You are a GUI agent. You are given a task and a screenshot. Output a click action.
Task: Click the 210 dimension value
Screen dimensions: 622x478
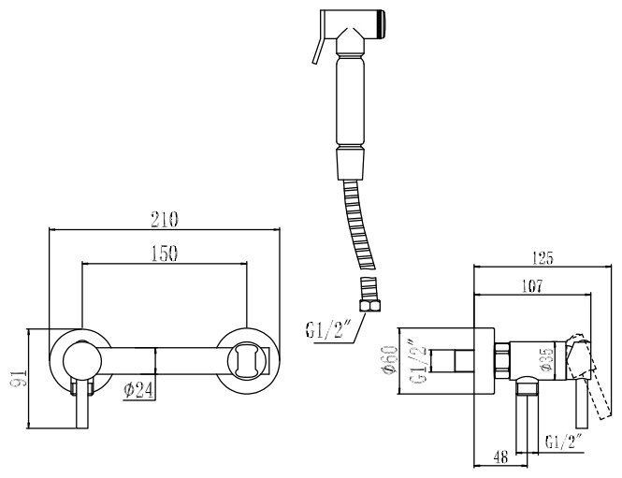click(164, 220)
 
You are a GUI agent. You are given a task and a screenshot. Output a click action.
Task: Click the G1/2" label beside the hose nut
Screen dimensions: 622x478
click(326, 328)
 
